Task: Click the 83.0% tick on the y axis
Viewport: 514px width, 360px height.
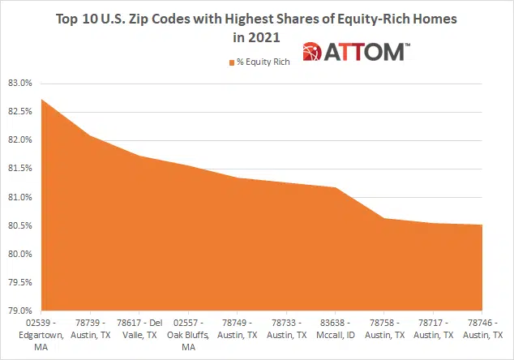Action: tap(19, 83)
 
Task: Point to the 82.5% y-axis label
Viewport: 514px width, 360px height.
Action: tap(19, 111)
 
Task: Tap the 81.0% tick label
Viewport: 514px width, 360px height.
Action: tap(19, 197)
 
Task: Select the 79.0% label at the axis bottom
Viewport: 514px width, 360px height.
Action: tap(19, 311)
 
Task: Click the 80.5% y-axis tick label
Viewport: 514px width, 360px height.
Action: tap(19, 225)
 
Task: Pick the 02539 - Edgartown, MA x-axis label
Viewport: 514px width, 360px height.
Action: tap(42, 334)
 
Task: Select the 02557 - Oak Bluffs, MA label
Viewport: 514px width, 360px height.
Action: tap(187, 334)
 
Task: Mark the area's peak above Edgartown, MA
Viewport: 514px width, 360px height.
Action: tap(41, 99)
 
